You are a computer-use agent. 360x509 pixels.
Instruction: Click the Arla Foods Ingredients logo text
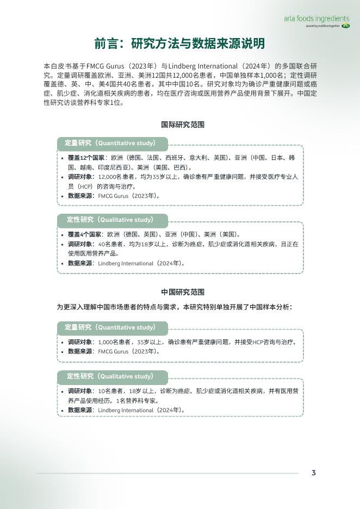coord(316,18)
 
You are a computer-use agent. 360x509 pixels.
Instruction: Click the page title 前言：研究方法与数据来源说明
coord(179,44)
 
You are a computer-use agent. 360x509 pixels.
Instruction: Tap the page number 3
coord(314,473)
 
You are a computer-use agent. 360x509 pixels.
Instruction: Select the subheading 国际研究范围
coord(183,125)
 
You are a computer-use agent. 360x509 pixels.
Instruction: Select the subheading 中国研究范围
coord(183,292)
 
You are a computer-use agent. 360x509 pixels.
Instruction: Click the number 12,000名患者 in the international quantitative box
coord(116,177)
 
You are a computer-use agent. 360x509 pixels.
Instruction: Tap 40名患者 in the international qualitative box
coord(112,244)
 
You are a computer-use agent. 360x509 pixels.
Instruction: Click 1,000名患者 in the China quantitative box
coord(115,342)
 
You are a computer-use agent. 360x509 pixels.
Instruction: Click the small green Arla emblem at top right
coord(345,26)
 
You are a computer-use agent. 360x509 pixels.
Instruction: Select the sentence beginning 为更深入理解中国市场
coord(175,307)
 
